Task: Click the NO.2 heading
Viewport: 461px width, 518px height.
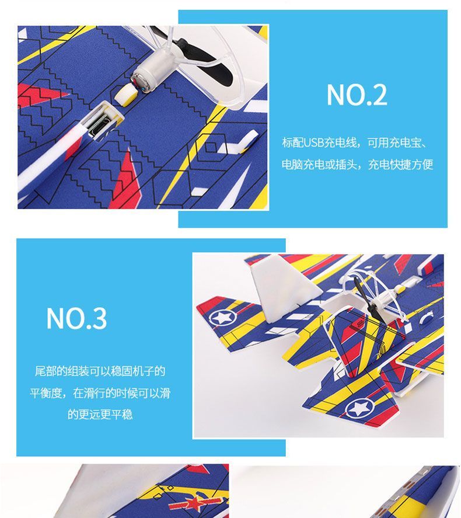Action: click(x=357, y=95)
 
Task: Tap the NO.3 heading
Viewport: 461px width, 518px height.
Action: click(x=76, y=318)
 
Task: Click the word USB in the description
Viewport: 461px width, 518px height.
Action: click(x=313, y=142)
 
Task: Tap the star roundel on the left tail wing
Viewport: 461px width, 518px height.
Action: click(x=222, y=318)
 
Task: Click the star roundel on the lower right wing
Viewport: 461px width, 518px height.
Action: click(x=359, y=408)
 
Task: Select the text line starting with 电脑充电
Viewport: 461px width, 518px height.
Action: click(x=357, y=164)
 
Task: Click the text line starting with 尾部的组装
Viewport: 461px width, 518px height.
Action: click(x=100, y=371)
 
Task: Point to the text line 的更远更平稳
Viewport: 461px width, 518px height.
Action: click(x=100, y=414)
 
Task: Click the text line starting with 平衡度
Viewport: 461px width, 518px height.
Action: click(x=100, y=393)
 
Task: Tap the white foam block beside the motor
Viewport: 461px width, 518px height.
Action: click(x=126, y=95)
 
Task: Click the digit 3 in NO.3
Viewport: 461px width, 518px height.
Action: click(x=99, y=318)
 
